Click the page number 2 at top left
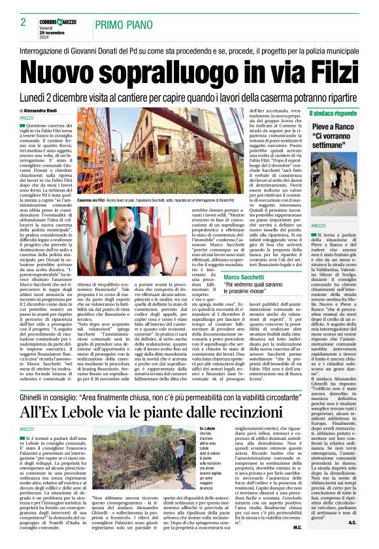[23, 22]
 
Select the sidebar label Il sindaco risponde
[333, 112]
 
